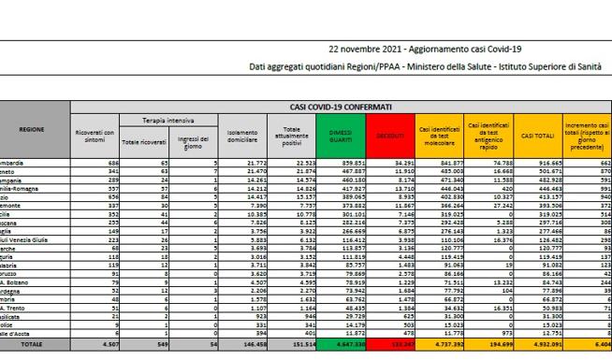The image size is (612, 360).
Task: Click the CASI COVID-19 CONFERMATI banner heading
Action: coord(344,108)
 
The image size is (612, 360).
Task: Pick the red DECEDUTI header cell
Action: coord(390,137)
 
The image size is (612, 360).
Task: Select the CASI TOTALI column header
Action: coord(533,137)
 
